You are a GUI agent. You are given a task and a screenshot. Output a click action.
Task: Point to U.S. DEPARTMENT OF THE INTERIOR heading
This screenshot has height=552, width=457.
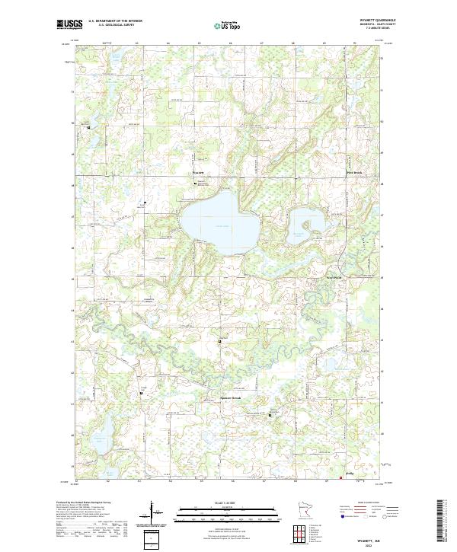[115, 21]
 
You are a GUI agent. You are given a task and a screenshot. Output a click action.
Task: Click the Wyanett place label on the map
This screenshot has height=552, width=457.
[199, 174]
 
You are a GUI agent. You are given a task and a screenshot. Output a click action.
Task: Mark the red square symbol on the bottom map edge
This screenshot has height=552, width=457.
[340, 479]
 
